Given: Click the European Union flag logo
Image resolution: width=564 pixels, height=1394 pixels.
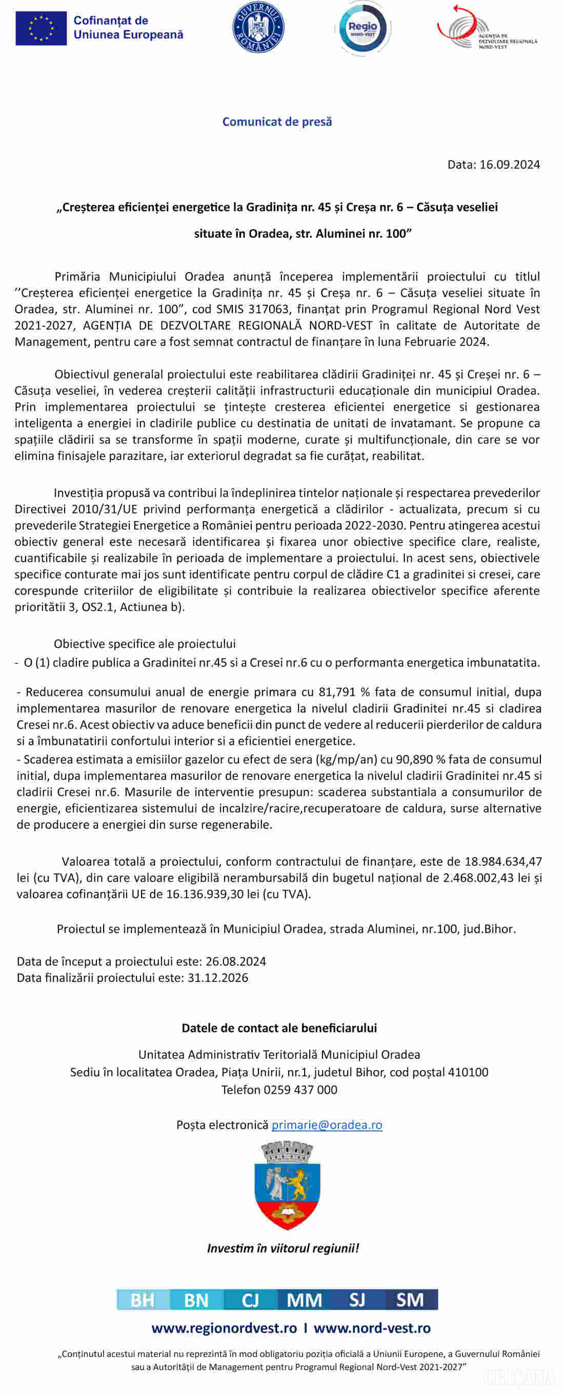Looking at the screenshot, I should [41, 28].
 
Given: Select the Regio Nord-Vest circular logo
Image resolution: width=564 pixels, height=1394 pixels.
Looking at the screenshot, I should [362, 28].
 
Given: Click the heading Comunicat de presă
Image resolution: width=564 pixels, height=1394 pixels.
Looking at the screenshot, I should [277, 122].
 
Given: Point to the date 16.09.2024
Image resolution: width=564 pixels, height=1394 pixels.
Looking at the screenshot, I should [509, 165].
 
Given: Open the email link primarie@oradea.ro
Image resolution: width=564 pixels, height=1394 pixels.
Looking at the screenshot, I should [327, 1124].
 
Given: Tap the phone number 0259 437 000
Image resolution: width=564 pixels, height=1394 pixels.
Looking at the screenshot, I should [300, 1090].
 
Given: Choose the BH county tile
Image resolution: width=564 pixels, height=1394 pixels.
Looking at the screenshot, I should [143, 1299].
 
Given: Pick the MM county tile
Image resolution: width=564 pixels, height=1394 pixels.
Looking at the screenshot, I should [304, 1299].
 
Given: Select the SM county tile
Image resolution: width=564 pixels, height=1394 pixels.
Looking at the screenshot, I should [410, 1299].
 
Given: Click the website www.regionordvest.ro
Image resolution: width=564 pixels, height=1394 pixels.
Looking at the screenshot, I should [224, 1327].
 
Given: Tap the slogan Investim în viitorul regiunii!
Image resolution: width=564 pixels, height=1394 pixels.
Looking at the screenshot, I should [283, 1248].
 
